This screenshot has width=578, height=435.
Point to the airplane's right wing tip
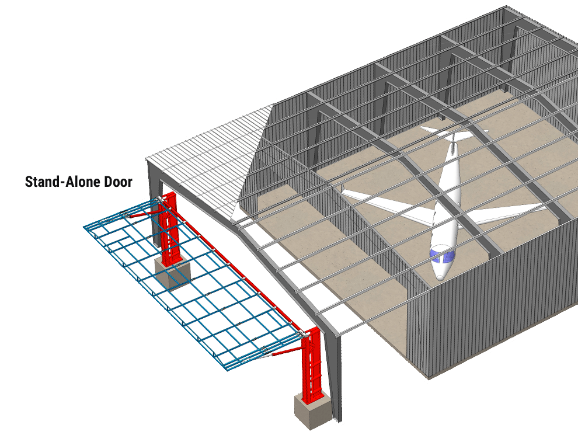pos(546,206)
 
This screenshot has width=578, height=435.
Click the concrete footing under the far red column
pos(171,273)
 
